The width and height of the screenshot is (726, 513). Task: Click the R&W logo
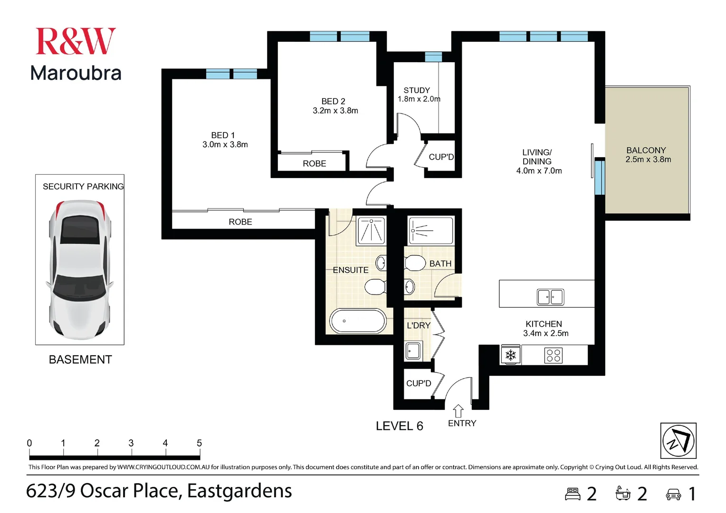pos(76,41)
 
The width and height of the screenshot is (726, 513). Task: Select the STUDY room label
pos(417,90)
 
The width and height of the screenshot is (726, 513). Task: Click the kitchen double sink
pos(550,297)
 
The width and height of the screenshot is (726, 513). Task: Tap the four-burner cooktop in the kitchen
pos(554,355)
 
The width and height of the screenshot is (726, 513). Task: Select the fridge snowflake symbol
pos(511,355)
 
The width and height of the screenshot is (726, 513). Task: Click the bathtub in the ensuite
pos(358,321)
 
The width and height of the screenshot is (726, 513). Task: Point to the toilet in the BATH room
pos(415,263)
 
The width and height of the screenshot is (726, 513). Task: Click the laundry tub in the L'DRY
pos(413,351)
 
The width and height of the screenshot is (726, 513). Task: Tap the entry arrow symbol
pos(458,410)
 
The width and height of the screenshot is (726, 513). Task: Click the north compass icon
pos(678,440)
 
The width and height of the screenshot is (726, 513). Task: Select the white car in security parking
pos(80,270)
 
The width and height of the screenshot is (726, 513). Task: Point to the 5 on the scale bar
pos(199,443)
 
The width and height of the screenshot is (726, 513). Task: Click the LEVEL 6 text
pos(399,426)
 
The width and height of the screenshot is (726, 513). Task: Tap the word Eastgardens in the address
pos(239,491)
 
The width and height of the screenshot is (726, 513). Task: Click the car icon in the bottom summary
pos(673,494)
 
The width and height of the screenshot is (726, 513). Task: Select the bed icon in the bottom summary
pos(573,494)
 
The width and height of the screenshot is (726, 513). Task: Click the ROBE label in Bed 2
pos(315,163)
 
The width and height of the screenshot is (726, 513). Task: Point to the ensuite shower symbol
pos(371,230)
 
